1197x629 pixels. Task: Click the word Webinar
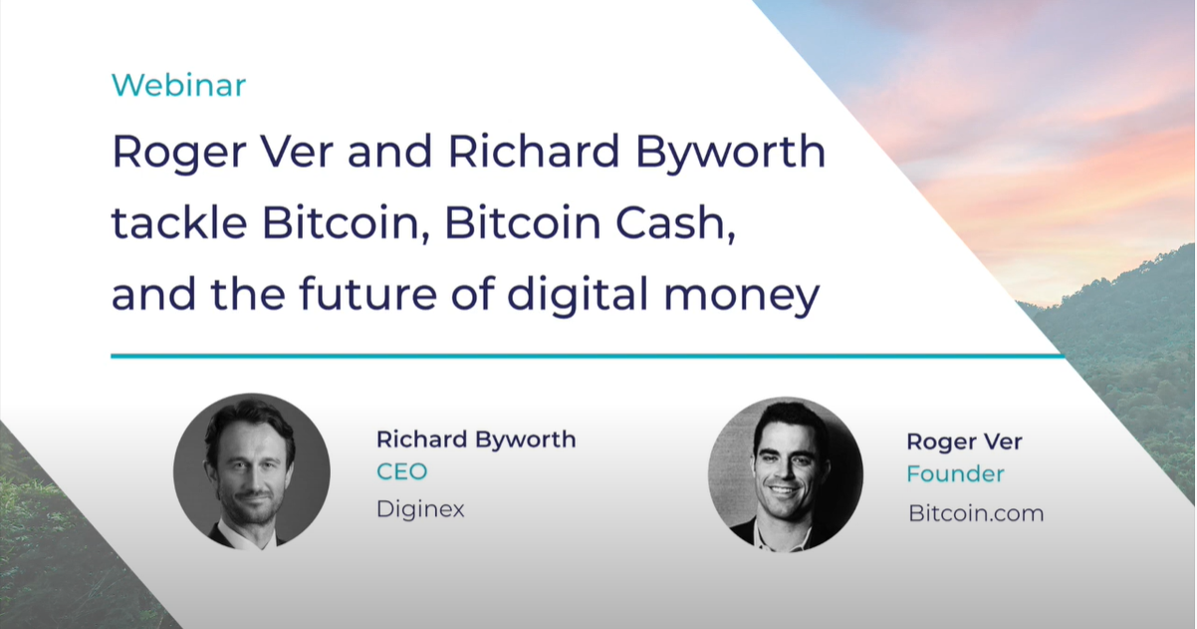(x=178, y=85)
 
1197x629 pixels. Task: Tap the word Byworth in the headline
(x=730, y=153)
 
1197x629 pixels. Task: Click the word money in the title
(x=741, y=295)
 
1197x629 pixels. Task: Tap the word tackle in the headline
(x=179, y=222)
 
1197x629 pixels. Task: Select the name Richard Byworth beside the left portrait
(x=476, y=440)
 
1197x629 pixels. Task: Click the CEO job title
(x=402, y=472)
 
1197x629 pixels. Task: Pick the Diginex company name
(x=420, y=509)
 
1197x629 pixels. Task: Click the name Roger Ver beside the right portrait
(x=964, y=442)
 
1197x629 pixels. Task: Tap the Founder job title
(x=955, y=473)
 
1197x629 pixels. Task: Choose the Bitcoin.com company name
(x=976, y=513)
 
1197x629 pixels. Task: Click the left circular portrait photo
(x=252, y=472)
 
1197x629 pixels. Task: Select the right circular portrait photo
(x=786, y=474)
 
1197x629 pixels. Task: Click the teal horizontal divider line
(x=588, y=356)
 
